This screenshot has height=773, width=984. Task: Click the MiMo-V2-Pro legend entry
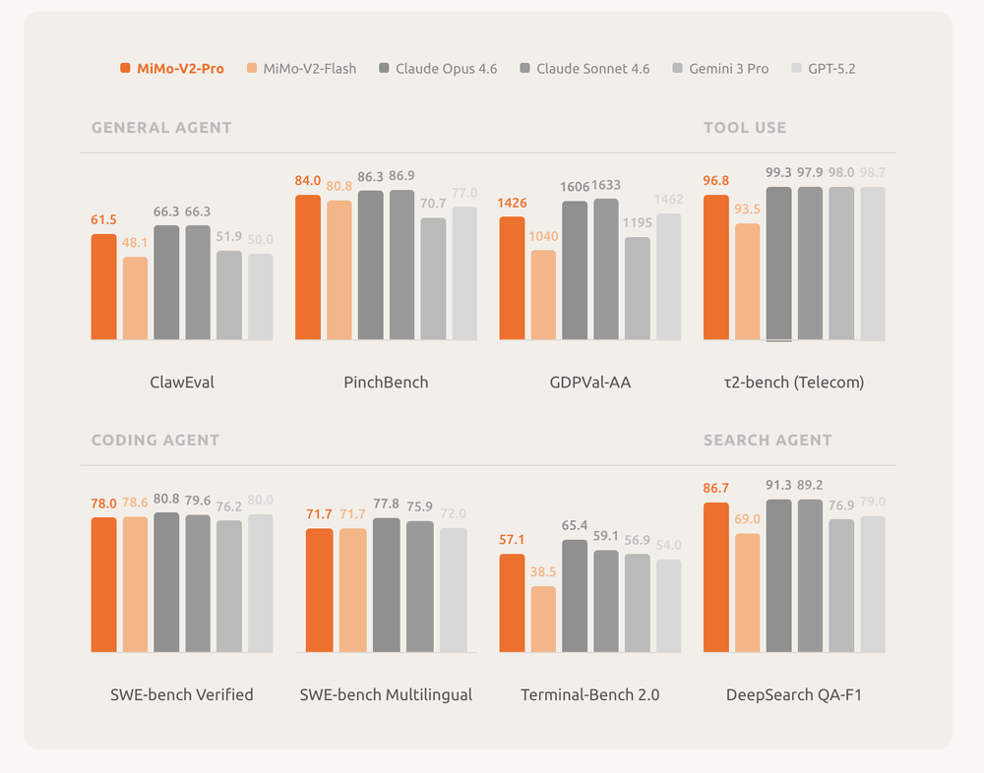171,69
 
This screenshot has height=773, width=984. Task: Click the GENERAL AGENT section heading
161,127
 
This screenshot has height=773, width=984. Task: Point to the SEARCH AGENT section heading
768,440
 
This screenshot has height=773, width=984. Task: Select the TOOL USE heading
745,127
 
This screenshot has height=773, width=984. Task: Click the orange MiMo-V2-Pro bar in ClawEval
104,287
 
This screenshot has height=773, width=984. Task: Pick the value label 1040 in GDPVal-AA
543,236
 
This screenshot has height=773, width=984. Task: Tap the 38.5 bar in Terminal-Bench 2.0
543,619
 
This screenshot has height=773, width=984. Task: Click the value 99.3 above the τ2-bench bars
779,173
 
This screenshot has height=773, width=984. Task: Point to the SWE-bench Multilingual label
386,694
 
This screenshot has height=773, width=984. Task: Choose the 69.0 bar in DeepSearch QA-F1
748,593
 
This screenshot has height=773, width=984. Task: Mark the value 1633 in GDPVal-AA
605,185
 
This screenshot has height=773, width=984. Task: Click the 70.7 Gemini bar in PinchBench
433,279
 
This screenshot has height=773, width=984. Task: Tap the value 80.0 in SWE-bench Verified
260,500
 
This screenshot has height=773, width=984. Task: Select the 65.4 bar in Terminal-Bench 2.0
575,595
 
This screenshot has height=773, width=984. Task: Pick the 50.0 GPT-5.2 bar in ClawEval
261,297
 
